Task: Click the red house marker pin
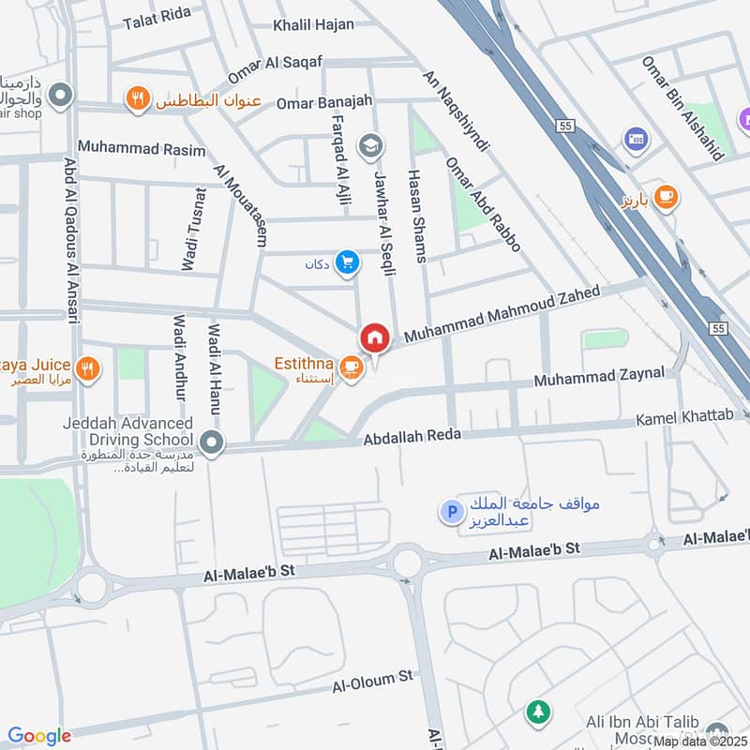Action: (374, 337)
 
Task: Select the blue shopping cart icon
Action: (348, 263)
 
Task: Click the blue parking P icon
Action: (452, 512)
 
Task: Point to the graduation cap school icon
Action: (371, 145)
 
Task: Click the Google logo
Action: (39, 736)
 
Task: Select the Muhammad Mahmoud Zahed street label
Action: (502, 315)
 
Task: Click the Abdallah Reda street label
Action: (400, 436)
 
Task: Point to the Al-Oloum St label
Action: (372, 681)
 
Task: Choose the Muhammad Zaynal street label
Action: (599, 377)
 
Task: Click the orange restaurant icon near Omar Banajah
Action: (138, 98)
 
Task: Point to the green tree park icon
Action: (537, 712)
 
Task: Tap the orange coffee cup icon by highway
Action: (667, 195)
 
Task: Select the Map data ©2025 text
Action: (700, 741)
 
